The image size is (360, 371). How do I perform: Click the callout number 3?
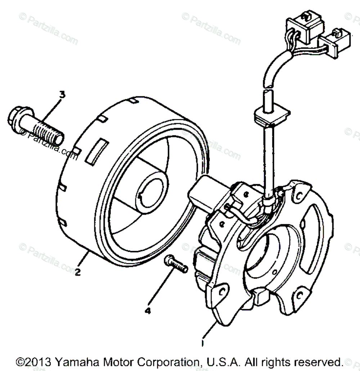[x=62, y=95]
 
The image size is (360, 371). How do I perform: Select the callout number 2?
[x=77, y=272]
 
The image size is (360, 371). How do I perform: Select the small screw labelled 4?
[x=175, y=264]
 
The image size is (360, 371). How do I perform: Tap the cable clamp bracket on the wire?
[x=272, y=116]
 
